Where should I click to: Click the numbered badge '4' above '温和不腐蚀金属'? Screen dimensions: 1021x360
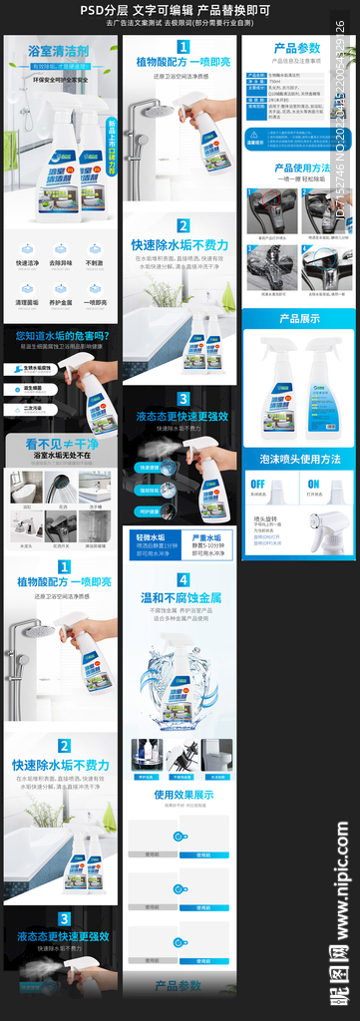click(x=182, y=579)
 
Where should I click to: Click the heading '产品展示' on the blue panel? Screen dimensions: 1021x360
click(x=298, y=319)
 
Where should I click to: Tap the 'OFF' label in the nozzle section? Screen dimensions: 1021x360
click(x=258, y=484)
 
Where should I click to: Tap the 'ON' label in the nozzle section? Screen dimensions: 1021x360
click(x=313, y=484)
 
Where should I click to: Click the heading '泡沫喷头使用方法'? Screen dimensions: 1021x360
click(x=299, y=460)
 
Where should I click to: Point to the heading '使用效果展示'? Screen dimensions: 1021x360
click(x=182, y=795)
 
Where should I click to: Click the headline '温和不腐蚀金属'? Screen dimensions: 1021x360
click(x=182, y=599)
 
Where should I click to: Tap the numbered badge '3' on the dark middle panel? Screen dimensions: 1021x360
click(x=182, y=399)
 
